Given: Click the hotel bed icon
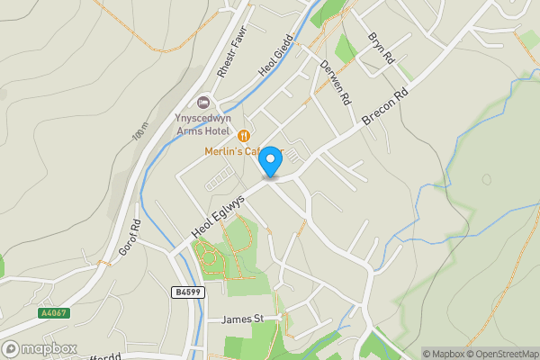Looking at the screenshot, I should point(202,103).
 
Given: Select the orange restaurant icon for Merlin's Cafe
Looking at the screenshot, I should point(243,135).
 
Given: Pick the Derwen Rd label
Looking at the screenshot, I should point(335,83).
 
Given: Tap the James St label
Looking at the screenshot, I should point(242,319).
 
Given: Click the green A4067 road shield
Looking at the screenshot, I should point(53,313).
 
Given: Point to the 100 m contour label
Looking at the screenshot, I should point(139,132).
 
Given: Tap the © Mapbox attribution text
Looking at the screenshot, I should point(446,354).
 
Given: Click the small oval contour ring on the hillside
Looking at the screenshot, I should point(487,179).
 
